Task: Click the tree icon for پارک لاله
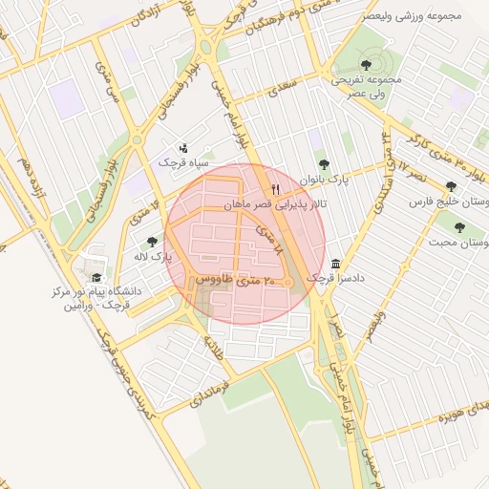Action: coord(153,242)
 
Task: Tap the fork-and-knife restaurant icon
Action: coord(276,189)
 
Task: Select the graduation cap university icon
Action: coord(96,277)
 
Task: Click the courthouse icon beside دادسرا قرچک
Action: coord(336,264)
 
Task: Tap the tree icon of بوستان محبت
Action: coord(459,227)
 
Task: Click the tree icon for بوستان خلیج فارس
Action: coord(451,186)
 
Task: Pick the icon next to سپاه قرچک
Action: coord(183,148)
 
